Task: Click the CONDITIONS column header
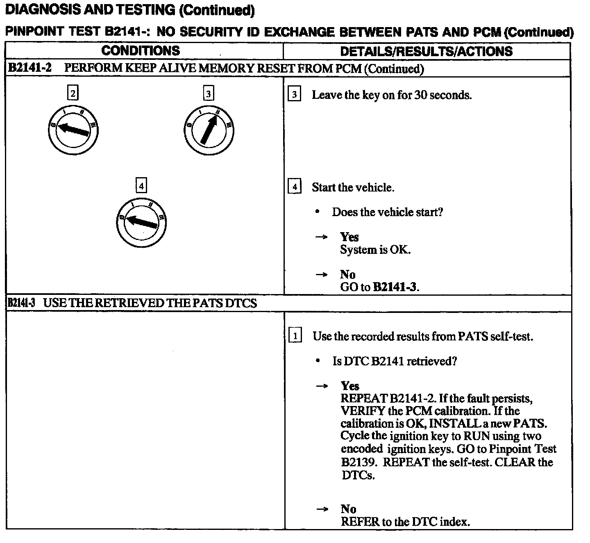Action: point(141,51)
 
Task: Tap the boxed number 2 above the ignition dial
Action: point(73,93)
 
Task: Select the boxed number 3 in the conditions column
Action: point(209,94)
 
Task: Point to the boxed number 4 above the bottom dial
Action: point(141,186)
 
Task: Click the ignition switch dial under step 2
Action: point(73,130)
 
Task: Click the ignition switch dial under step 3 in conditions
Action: point(209,130)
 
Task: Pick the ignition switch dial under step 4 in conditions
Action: point(141,223)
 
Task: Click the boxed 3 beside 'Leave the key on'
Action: point(295,95)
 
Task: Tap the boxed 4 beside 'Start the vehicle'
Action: point(295,187)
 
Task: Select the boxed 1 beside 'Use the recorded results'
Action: point(295,336)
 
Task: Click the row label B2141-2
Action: point(30,68)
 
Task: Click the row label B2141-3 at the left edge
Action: point(22,303)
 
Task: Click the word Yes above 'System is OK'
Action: point(349,237)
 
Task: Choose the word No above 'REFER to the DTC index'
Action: point(348,509)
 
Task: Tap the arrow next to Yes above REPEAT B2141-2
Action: point(322,386)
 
